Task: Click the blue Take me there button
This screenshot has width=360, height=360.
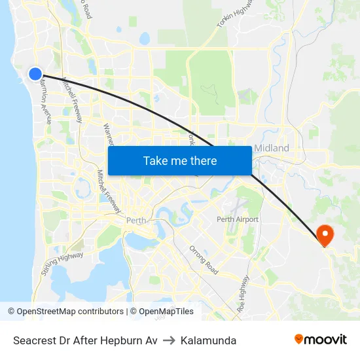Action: click(179, 160)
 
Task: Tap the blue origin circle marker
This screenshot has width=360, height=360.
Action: click(35, 74)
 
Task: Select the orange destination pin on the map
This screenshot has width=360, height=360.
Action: click(324, 234)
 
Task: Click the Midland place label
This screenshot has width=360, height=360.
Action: click(271, 148)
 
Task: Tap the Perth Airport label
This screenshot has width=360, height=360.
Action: click(238, 219)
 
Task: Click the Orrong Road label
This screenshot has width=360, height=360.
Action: click(203, 259)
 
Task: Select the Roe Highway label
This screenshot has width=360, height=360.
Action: click(243, 303)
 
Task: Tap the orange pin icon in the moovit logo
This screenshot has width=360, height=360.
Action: click(299, 339)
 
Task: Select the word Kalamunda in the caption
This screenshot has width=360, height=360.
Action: click(209, 340)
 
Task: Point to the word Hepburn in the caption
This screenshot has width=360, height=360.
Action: click(124, 340)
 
